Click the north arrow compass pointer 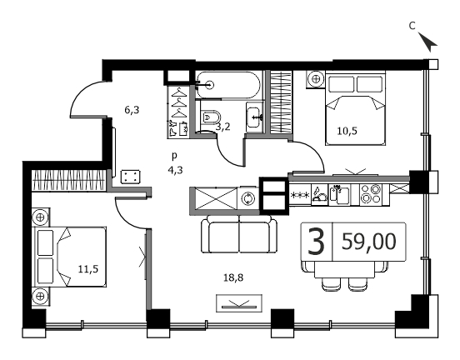(428, 42)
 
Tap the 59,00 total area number (369, 242)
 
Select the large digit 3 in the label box (317, 242)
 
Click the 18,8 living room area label (233, 277)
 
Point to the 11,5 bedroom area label (88, 269)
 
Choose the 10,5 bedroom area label (347, 131)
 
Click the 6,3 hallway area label (132, 110)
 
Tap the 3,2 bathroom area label (223, 127)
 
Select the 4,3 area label (175, 170)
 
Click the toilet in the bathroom (211, 117)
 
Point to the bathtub (228, 85)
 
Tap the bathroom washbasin (253, 117)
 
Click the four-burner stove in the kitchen (371, 194)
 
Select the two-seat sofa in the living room (239, 234)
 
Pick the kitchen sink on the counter (340, 194)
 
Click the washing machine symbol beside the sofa (248, 198)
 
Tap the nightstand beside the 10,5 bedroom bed (315, 79)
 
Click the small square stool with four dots (130, 177)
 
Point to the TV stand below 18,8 (239, 303)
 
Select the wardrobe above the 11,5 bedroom (68, 181)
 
